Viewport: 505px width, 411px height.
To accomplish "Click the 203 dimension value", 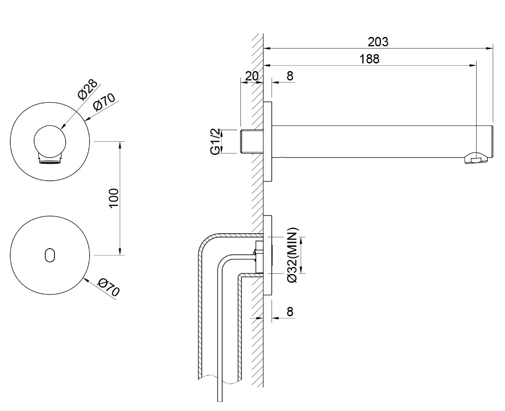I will pyautogui.click(x=378, y=42).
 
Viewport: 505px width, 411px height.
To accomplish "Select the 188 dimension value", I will pyautogui.click(x=370, y=59).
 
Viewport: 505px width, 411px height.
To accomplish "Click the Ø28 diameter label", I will pyautogui.click(x=88, y=89).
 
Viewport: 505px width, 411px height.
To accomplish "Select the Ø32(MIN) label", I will pyautogui.click(x=293, y=255).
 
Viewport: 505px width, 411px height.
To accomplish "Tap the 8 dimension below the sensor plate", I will pyautogui.click(x=290, y=311).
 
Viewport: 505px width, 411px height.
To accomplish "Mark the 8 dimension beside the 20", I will pyautogui.click(x=290, y=76).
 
